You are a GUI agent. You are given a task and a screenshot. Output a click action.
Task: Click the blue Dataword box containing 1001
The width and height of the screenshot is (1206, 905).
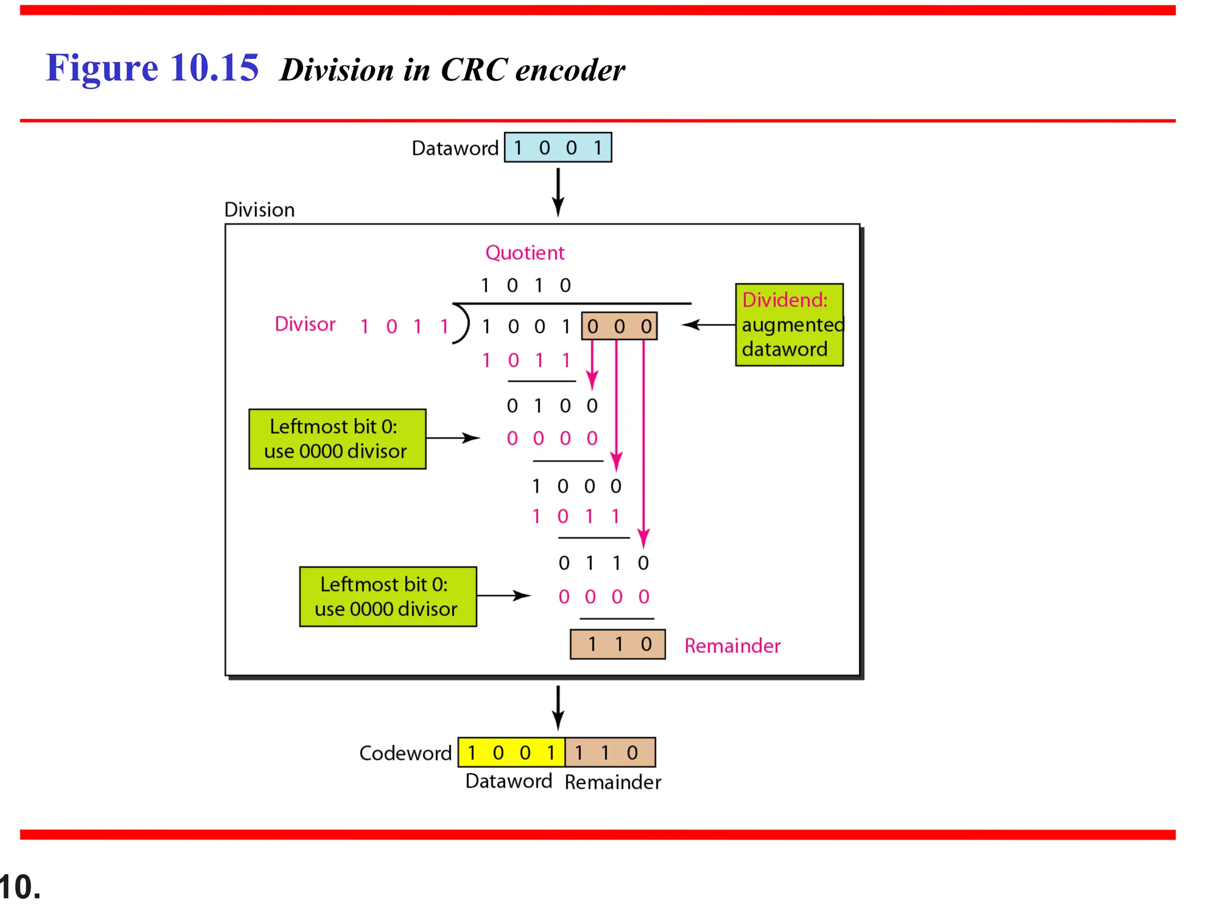tap(558, 147)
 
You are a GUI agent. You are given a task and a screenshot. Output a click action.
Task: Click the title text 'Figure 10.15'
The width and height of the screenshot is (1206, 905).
tap(153, 68)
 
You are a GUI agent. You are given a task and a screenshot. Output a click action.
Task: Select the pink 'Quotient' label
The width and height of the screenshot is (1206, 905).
tap(524, 253)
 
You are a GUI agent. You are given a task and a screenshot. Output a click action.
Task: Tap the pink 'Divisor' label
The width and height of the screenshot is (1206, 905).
tap(304, 324)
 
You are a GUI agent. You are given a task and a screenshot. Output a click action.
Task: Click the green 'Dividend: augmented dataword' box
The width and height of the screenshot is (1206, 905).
tap(789, 325)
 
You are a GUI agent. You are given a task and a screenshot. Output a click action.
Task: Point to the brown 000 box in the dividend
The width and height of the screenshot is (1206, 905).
tap(619, 326)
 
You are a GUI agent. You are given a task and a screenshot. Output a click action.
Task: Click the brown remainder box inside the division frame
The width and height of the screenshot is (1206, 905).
tap(618, 644)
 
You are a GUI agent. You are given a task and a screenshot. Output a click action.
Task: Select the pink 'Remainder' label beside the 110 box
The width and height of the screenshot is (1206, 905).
tap(732, 646)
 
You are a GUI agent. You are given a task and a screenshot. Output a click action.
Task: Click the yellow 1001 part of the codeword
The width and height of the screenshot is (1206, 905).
tap(511, 752)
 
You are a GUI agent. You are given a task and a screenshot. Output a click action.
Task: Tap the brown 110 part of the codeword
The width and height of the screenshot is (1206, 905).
tap(610, 752)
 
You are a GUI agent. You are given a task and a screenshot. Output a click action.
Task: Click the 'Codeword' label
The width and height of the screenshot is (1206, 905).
tap(405, 753)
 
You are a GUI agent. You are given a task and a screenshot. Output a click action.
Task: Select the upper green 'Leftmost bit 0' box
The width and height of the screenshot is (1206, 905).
tap(337, 439)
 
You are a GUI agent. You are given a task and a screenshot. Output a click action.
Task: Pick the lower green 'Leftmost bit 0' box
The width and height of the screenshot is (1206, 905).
tap(387, 596)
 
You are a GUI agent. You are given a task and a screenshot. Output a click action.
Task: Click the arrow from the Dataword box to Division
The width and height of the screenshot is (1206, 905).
tap(558, 191)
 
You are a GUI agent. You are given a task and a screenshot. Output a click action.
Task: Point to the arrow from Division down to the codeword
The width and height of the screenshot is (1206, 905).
tap(558, 707)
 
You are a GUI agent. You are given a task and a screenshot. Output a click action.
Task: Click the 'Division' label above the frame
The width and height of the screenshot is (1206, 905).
tap(259, 210)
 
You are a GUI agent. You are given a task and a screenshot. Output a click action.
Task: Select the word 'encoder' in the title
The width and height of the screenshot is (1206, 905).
tap(569, 70)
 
